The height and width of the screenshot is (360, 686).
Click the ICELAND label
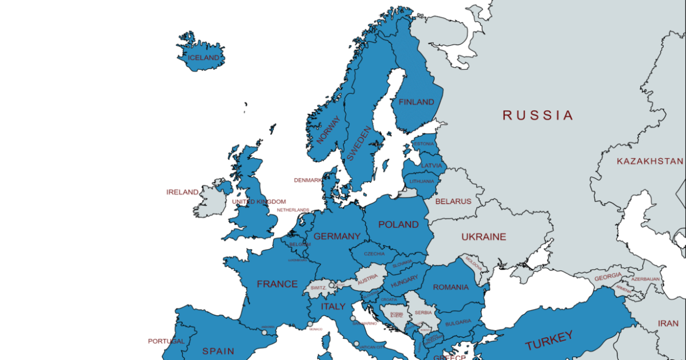point(203,58)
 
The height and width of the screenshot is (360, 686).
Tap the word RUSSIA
point(538,116)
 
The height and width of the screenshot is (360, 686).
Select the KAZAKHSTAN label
point(650,161)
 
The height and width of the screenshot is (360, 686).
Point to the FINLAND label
point(416,102)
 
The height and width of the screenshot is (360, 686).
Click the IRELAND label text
point(182,192)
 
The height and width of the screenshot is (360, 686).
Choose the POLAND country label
point(398,225)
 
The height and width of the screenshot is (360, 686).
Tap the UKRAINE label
point(483,237)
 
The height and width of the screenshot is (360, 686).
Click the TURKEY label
point(549,341)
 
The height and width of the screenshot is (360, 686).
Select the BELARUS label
point(453,202)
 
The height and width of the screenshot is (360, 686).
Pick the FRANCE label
point(277,284)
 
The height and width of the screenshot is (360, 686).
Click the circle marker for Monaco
point(310,324)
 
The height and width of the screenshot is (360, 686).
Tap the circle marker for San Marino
point(353,319)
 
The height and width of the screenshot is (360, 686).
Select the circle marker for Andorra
point(264,332)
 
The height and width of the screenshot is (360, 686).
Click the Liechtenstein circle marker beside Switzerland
point(331,286)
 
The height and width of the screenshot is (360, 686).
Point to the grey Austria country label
point(368,278)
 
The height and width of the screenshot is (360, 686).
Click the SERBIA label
point(423,313)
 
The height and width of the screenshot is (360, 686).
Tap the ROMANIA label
point(451,287)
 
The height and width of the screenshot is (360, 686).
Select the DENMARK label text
point(308,181)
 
